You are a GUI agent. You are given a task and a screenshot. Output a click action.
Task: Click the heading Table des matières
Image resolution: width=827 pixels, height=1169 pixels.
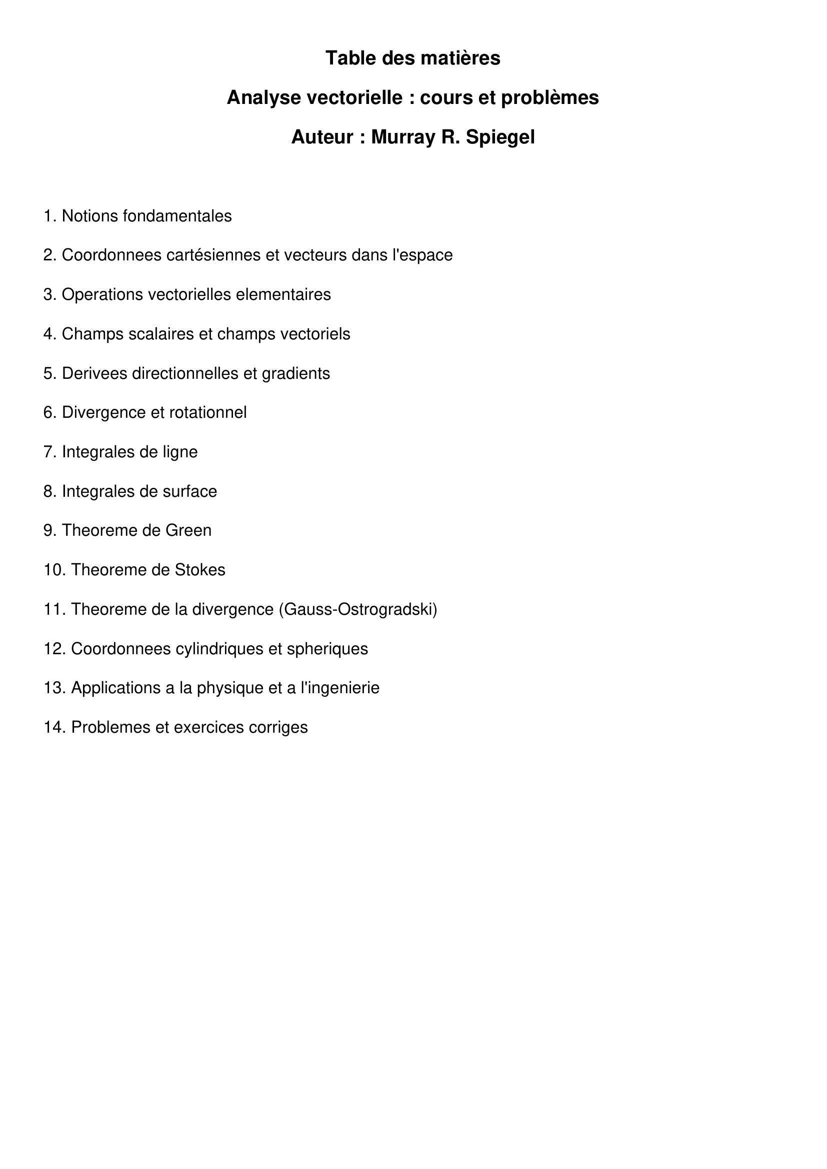click(x=412, y=58)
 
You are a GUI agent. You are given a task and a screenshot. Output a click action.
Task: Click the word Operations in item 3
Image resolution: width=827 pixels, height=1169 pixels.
click(x=102, y=294)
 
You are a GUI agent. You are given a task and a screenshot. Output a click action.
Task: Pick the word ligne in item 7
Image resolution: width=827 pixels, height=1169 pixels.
click(x=180, y=452)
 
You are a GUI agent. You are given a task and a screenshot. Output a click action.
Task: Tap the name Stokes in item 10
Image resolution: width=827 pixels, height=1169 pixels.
click(x=200, y=570)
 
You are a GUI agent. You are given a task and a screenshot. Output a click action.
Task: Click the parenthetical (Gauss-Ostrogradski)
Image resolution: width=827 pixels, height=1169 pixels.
click(x=358, y=609)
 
